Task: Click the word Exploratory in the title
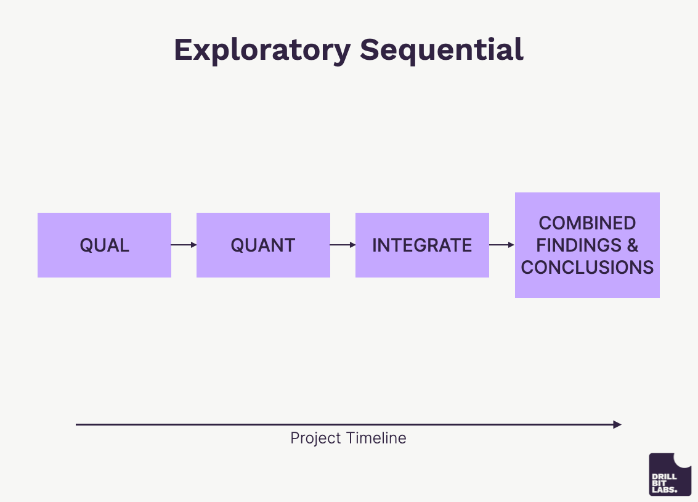pyautogui.click(x=262, y=51)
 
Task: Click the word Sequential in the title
pyautogui.click(x=442, y=51)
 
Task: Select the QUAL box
pyautogui.click(x=104, y=245)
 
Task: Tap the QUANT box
pyautogui.click(x=263, y=245)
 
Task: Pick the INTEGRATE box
pyautogui.click(x=422, y=245)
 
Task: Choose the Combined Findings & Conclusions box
pyautogui.click(x=587, y=245)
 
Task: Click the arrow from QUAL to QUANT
pyautogui.click(x=184, y=245)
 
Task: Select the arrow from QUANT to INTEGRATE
pyautogui.click(x=343, y=245)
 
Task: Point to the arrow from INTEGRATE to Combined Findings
pyautogui.click(x=501, y=245)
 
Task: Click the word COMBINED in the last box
pyautogui.click(x=587, y=223)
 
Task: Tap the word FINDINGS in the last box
pyautogui.click(x=578, y=245)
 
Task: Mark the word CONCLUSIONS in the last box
pyautogui.click(x=587, y=267)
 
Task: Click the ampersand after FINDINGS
pyautogui.click(x=633, y=245)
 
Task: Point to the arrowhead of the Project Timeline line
pyautogui.click(x=617, y=424)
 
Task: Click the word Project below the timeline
pyautogui.click(x=315, y=438)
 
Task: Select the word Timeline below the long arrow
pyautogui.click(x=376, y=438)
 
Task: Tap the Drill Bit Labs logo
pyautogui.click(x=670, y=474)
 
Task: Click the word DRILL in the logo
pyautogui.click(x=664, y=477)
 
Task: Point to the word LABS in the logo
pyautogui.click(x=664, y=490)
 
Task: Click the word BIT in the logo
pyautogui.click(x=659, y=483)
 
